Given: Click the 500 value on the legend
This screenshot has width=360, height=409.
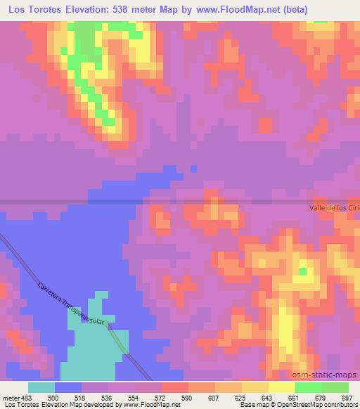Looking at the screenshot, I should coord(53,397).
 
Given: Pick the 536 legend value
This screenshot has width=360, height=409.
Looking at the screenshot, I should coord(107,397).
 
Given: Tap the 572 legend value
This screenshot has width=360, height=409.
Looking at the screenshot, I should coord(160,397).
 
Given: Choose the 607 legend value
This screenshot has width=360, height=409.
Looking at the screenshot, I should coord(214,397).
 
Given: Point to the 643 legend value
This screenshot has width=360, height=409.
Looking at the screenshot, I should coord(267,397).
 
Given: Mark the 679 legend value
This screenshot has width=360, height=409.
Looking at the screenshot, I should coord(321,397).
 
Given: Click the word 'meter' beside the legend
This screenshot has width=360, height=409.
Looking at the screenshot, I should coord(9,397).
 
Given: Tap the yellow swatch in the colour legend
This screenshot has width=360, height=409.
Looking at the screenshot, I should coord(281,387).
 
